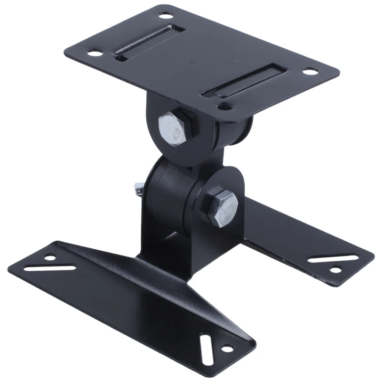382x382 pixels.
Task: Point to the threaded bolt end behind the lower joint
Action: coord(138,188)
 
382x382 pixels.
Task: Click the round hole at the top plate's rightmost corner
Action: coord(311,72)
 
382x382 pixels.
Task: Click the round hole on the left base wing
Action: coord(50,258)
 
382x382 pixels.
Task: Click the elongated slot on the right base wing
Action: coord(326,258)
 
